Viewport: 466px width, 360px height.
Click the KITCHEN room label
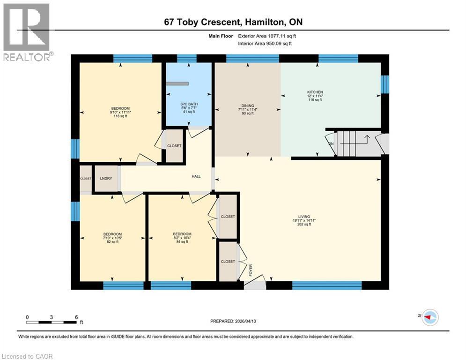pyautogui.click(x=315, y=92)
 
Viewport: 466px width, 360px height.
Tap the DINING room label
pyautogui.click(x=247, y=105)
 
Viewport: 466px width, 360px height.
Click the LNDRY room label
pyautogui.click(x=105, y=179)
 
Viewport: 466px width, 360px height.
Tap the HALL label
pyautogui.click(x=196, y=176)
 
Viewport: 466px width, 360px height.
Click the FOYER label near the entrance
pyautogui.click(x=251, y=270)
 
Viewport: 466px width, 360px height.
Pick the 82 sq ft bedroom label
pyautogui.click(x=112, y=234)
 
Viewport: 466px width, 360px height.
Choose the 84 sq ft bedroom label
pyautogui.click(x=182, y=234)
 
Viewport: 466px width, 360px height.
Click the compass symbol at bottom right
pyautogui.click(x=429, y=317)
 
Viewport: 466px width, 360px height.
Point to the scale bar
pyautogui.click(x=52, y=322)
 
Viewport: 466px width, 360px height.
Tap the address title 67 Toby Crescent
pyautogui.click(x=233, y=22)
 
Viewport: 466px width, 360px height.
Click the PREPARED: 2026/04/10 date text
pyautogui.click(x=234, y=321)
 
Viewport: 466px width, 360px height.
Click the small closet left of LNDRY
pyautogui.click(x=86, y=179)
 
